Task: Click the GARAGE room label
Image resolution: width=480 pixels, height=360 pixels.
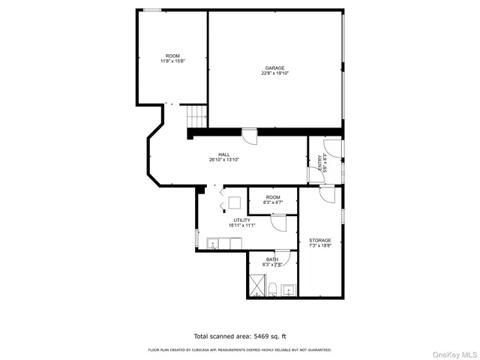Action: (274, 67)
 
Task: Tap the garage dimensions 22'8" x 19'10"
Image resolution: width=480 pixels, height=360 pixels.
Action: (274, 73)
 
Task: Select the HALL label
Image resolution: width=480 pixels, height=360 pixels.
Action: (223, 154)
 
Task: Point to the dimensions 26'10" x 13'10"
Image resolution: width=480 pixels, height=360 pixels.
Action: (223, 160)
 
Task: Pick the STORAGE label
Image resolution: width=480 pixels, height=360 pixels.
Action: (319, 240)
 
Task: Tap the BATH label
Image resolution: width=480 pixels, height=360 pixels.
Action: (271, 259)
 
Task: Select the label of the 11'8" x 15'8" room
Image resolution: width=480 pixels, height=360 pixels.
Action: (172, 56)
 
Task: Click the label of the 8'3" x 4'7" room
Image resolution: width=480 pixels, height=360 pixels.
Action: (272, 197)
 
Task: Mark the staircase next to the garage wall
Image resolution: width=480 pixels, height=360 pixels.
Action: (196, 116)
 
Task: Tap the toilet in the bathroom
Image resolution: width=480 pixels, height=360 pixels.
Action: (274, 289)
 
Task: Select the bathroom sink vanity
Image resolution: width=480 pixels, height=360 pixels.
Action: (289, 289)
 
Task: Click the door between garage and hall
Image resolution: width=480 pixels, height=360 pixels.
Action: (249, 136)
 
